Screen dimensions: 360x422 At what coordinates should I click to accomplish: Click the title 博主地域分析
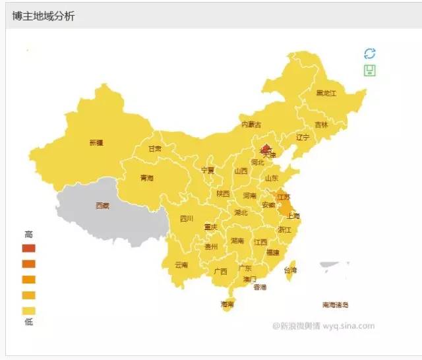point(44,16)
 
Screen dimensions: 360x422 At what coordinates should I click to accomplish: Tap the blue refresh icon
point(369,53)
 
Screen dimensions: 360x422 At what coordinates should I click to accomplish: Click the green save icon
point(369,70)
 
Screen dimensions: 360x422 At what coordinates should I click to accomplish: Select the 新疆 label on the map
point(96,142)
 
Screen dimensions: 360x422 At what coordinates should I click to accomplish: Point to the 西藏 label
point(103,206)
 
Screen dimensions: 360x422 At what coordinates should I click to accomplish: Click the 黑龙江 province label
point(326,93)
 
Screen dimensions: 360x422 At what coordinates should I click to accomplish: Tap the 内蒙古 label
point(251,124)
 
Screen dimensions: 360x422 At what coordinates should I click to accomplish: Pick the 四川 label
point(187,219)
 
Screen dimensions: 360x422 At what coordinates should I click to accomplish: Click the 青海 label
point(146,178)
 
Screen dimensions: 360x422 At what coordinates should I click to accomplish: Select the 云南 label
point(181,265)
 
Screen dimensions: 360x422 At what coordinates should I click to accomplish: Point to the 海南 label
point(227,305)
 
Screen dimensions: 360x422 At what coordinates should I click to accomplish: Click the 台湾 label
point(290,270)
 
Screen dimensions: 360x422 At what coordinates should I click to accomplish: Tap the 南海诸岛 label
point(336,305)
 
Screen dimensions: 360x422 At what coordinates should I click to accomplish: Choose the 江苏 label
point(284,196)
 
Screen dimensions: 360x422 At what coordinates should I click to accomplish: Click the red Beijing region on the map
point(265,149)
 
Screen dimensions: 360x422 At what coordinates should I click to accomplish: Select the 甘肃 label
point(154,149)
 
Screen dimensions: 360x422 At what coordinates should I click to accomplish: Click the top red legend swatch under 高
point(28,248)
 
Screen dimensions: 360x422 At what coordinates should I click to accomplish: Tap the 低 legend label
point(28,322)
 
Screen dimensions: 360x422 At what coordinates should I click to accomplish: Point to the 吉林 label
point(321,124)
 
